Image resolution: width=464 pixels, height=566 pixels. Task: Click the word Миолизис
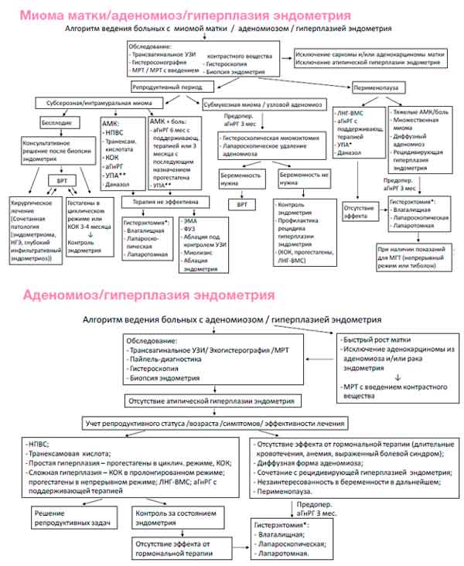195,252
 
